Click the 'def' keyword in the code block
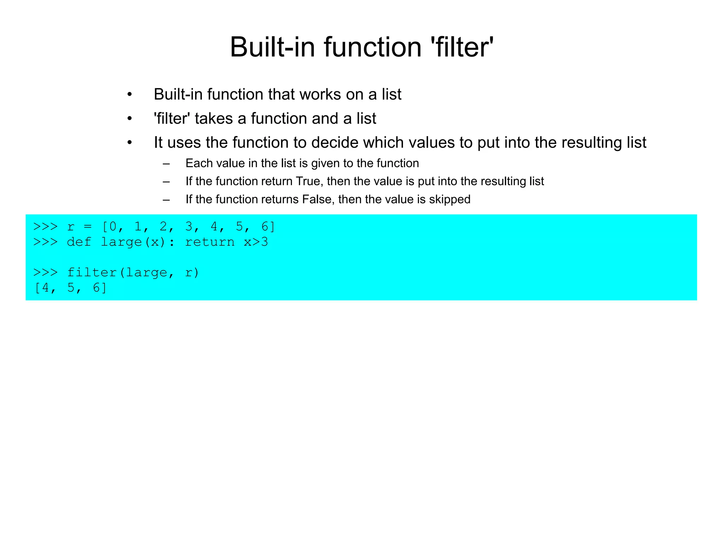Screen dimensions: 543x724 (x=79, y=242)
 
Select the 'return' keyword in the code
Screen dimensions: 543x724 (x=210, y=242)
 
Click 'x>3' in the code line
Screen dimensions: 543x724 (x=256, y=242)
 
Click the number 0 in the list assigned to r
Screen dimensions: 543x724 (x=113, y=227)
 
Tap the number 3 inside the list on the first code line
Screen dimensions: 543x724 (x=189, y=227)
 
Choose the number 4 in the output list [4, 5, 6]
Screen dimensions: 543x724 (x=45, y=288)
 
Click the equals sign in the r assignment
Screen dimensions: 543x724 (x=88, y=227)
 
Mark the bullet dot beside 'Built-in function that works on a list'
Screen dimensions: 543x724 (x=130, y=95)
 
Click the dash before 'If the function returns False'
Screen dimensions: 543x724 (x=166, y=200)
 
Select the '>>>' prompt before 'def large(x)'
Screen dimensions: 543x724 (x=45, y=242)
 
